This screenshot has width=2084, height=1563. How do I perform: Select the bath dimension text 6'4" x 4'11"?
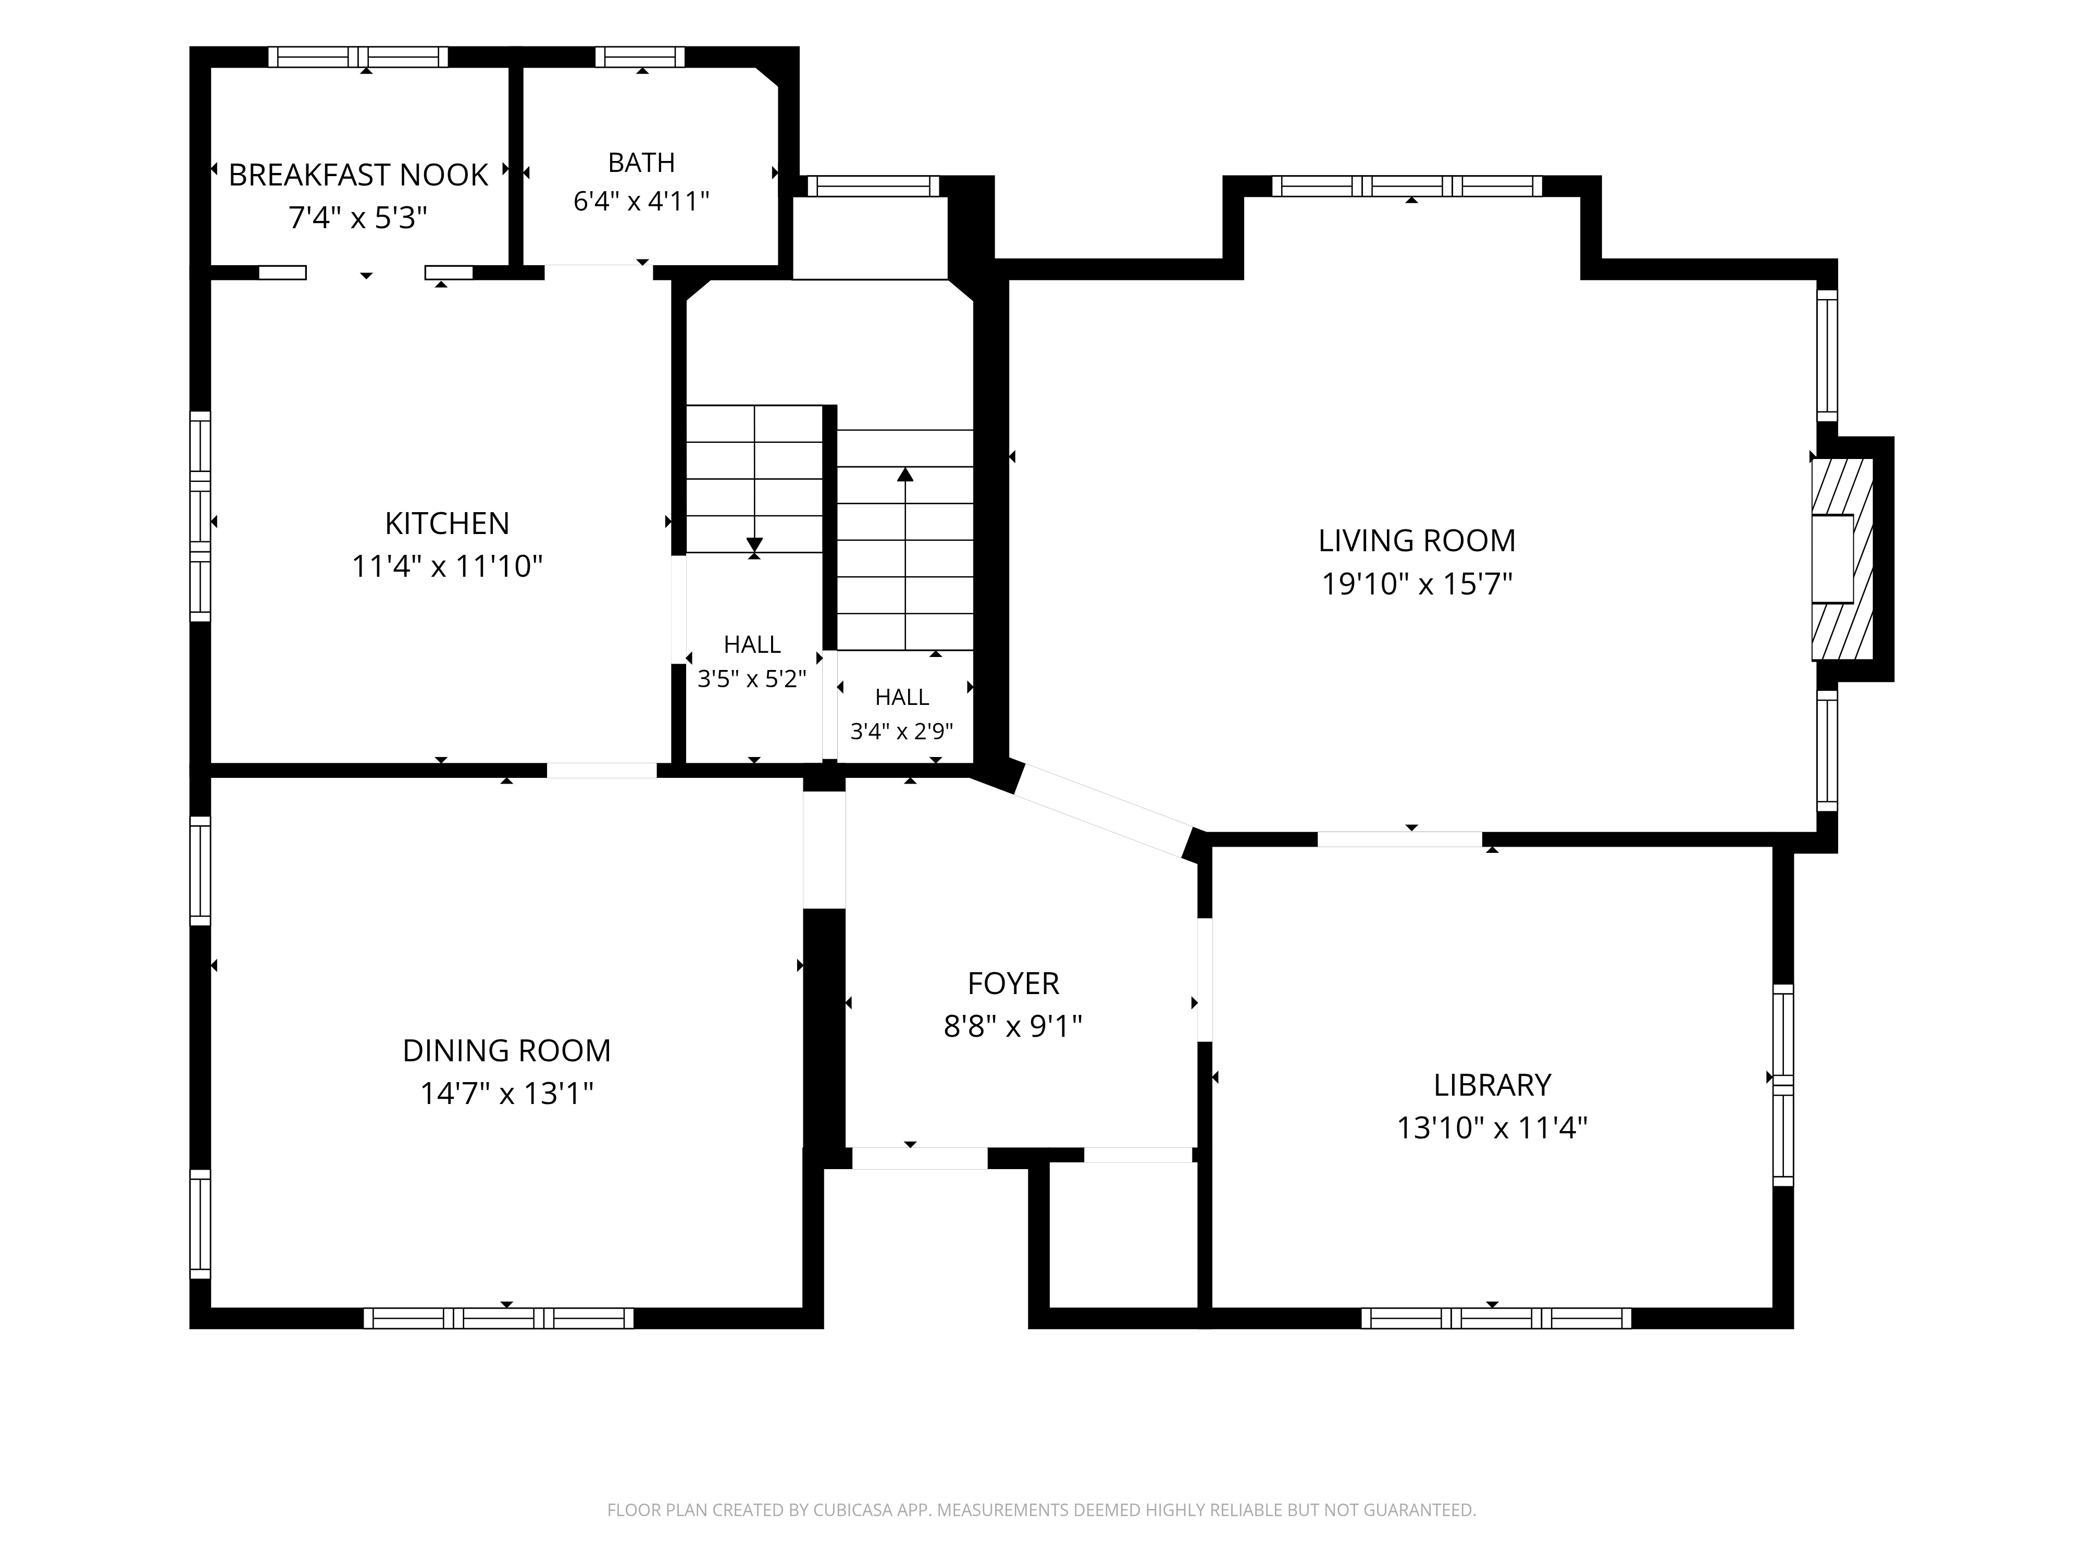pos(641,202)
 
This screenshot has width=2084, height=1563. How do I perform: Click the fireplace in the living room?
pos(1842,559)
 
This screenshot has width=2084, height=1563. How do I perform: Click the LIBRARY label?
pos(1492,1085)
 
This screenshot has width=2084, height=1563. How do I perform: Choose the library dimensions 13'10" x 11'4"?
pos(1492,1128)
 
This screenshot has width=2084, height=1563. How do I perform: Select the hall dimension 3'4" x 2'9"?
pos(902,731)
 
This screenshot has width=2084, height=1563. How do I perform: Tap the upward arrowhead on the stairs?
pos(905,474)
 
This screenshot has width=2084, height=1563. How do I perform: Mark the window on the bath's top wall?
pos(641,56)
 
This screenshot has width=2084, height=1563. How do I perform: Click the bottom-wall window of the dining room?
pos(499,1318)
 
